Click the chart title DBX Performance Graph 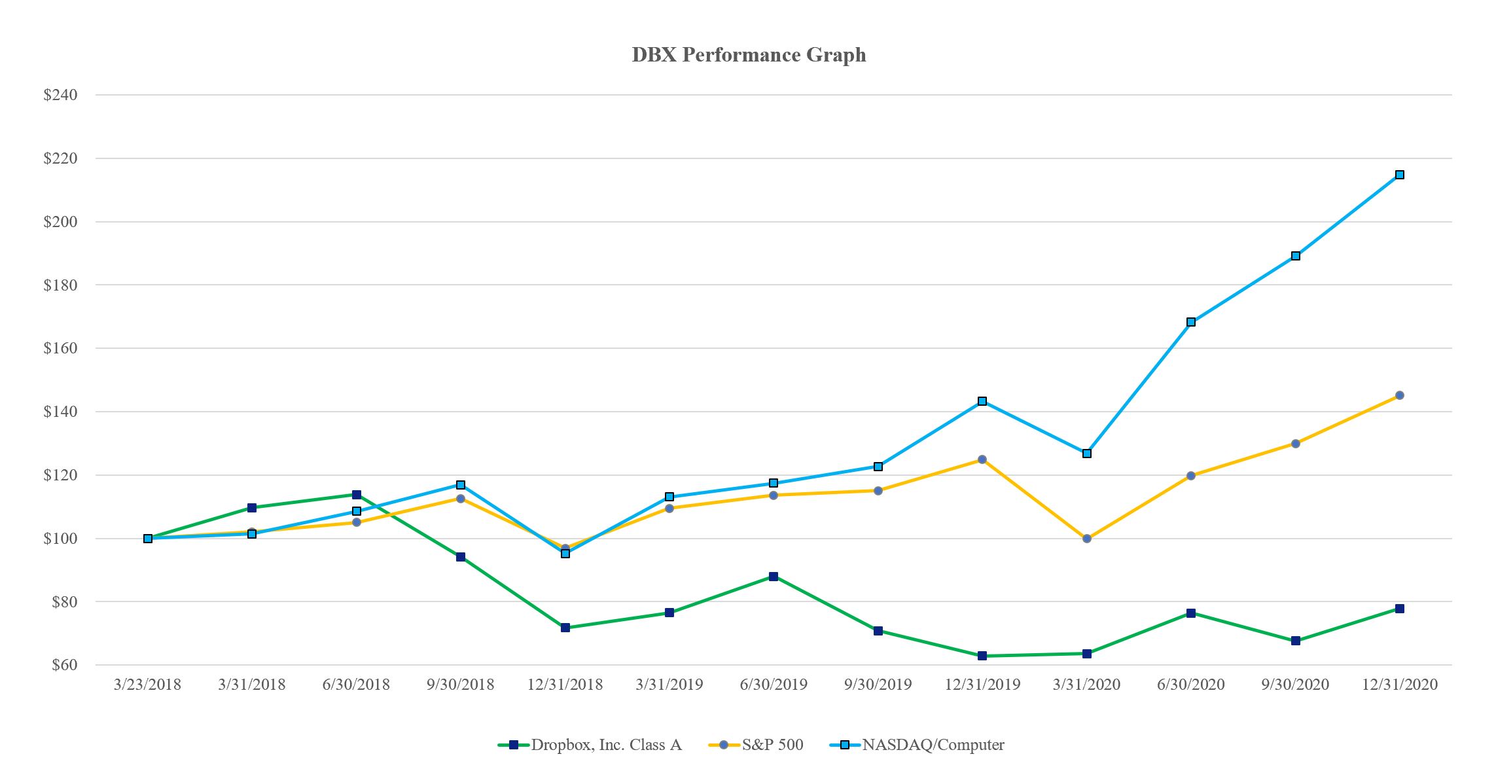coord(749,54)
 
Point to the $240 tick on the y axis coord(60,95)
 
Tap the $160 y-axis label coord(60,348)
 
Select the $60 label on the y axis coord(64,665)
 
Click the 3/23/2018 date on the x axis coord(147,685)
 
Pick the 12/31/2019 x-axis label coord(982,685)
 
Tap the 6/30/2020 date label coord(1191,685)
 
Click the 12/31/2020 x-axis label coord(1400,685)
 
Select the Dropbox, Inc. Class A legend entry coord(605,745)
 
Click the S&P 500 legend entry coord(772,745)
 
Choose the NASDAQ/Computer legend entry coord(933,745)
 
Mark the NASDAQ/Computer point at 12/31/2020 coord(1400,175)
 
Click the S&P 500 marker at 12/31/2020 coord(1400,395)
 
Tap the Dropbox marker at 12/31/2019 coord(982,656)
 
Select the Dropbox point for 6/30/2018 coord(357,495)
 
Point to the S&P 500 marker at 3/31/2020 coord(1087,539)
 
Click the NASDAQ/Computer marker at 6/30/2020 coord(1191,322)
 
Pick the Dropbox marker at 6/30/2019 coord(774,577)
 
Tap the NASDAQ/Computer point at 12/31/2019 coord(982,401)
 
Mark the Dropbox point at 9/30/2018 coord(461,557)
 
